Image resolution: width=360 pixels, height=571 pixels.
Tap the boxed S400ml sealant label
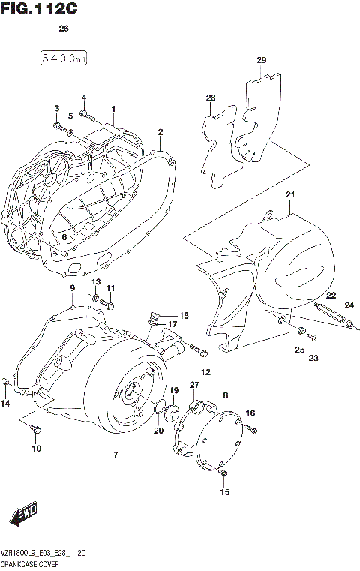(64, 56)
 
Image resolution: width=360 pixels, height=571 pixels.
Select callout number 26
(64, 29)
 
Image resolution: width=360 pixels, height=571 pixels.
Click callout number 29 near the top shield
(261, 60)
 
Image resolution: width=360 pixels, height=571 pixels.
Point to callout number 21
(291, 196)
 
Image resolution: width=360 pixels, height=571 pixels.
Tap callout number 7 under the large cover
(115, 455)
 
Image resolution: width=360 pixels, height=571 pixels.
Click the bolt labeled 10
(34, 430)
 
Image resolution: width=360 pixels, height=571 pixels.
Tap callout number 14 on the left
(6, 404)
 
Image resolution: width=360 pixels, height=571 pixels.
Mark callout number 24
(349, 305)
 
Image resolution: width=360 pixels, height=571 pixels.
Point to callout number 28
(211, 98)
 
